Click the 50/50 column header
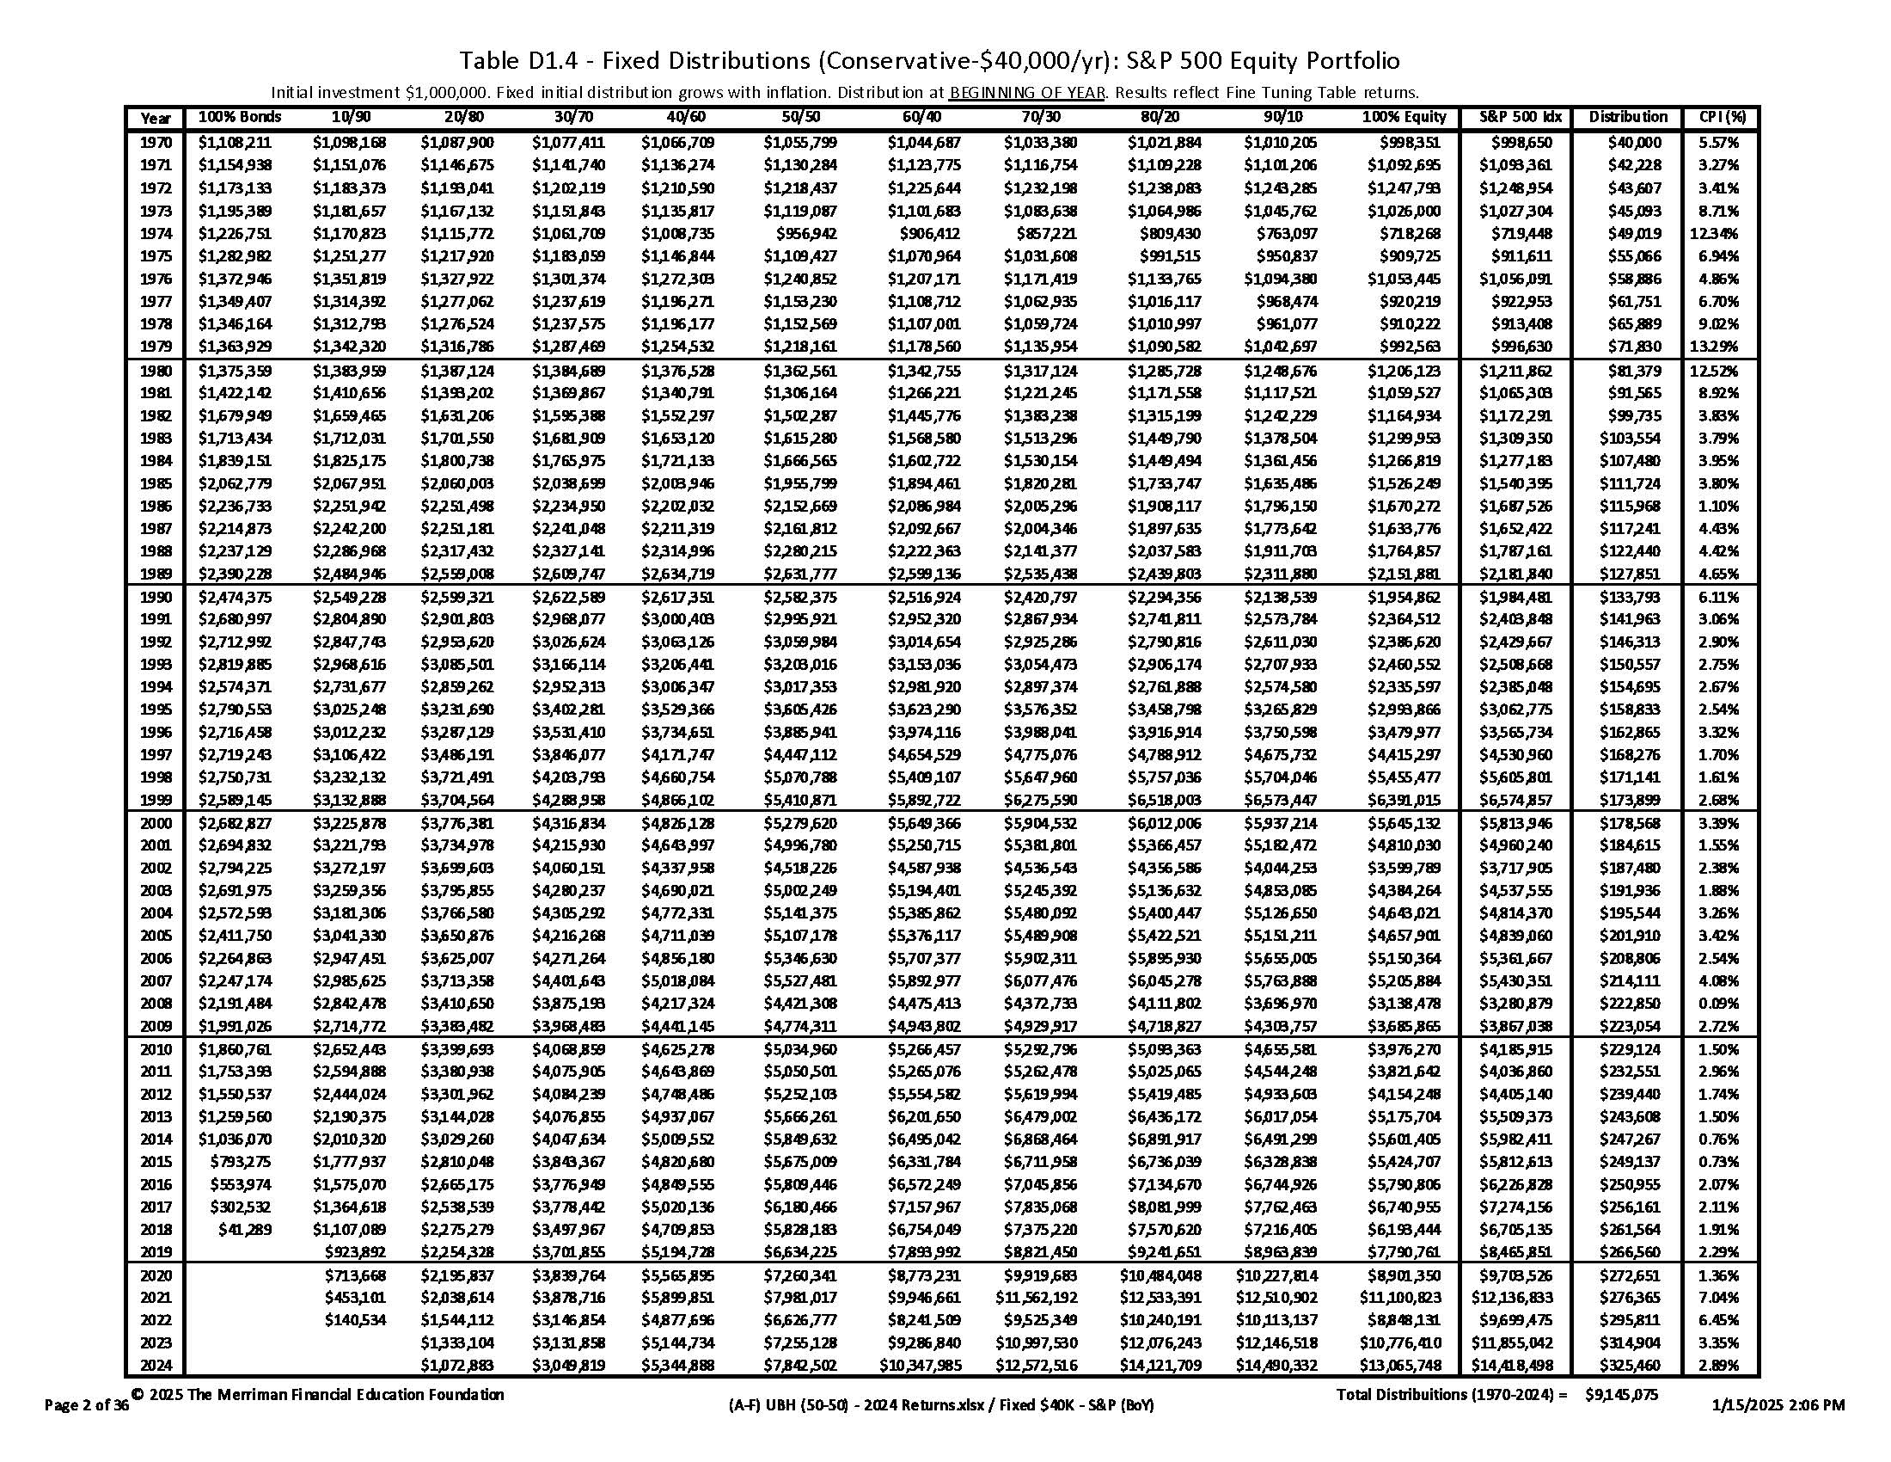point(800,117)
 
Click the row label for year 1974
point(156,234)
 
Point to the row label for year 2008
point(156,1004)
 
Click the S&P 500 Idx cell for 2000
point(1515,824)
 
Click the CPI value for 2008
point(1719,1004)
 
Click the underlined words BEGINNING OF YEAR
point(1027,93)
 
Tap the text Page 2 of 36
point(87,1406)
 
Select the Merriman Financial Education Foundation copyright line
point(318,1394)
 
